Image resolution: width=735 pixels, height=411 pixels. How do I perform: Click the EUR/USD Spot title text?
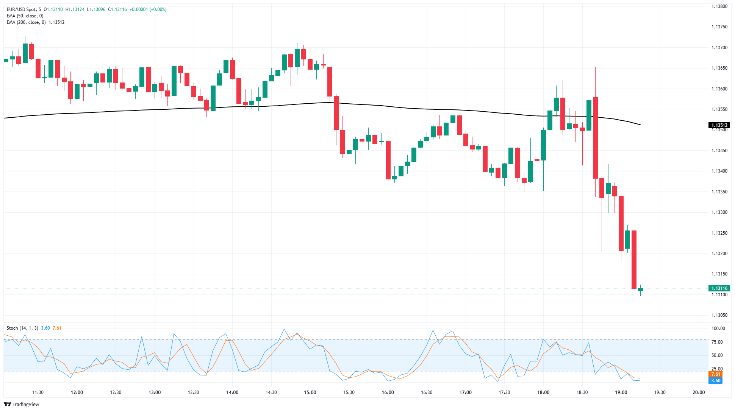click(22, 9)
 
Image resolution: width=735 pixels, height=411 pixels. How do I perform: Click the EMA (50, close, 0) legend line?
click(25, 16)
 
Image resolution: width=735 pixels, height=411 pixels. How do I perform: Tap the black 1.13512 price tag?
click(719, 125)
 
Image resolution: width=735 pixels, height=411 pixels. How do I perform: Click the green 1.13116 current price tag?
click(719, 288)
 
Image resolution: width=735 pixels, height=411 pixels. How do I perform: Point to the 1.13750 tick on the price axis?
click(719, 27)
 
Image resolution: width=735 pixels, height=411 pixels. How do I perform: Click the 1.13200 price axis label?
click(719, 254)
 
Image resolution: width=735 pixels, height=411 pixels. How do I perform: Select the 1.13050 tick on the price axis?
click(719, 315)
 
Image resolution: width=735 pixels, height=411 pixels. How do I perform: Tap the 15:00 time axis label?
click(310, 392)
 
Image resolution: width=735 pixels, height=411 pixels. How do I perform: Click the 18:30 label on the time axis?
click(582, 392)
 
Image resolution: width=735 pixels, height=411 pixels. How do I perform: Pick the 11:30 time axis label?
click(38, 392)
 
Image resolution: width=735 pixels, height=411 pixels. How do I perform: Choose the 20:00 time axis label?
click(699, 392)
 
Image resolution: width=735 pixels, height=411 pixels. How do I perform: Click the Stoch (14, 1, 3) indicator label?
click(22, 328)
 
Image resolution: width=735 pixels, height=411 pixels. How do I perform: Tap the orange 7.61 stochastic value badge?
click(715, 374)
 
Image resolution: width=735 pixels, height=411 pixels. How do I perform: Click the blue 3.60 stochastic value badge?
click(715, 381)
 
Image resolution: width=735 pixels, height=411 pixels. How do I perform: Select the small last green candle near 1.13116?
click(640, 290)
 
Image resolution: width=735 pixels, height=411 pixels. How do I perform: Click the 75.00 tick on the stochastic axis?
click(717, 342)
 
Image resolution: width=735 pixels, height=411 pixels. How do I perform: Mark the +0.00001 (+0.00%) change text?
click(148, 9)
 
